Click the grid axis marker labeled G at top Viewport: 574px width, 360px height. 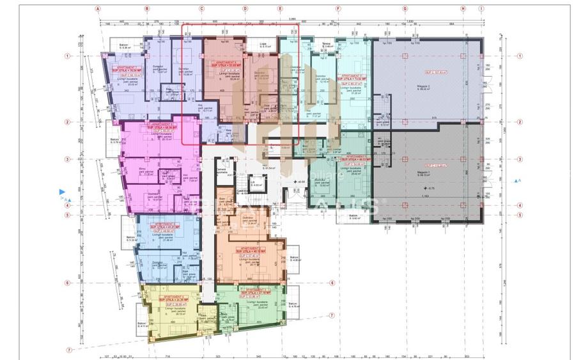tap(405, 10)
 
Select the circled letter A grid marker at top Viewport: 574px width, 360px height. tap(98, 10)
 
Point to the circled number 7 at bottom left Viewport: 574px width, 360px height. tap(68, 350)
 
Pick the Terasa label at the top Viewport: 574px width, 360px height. tap(328, 45)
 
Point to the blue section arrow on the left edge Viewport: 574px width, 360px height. tap(62, 191)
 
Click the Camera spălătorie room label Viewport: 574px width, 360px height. tap(222, 173)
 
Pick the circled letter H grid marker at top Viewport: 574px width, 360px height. tap(463, 10)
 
